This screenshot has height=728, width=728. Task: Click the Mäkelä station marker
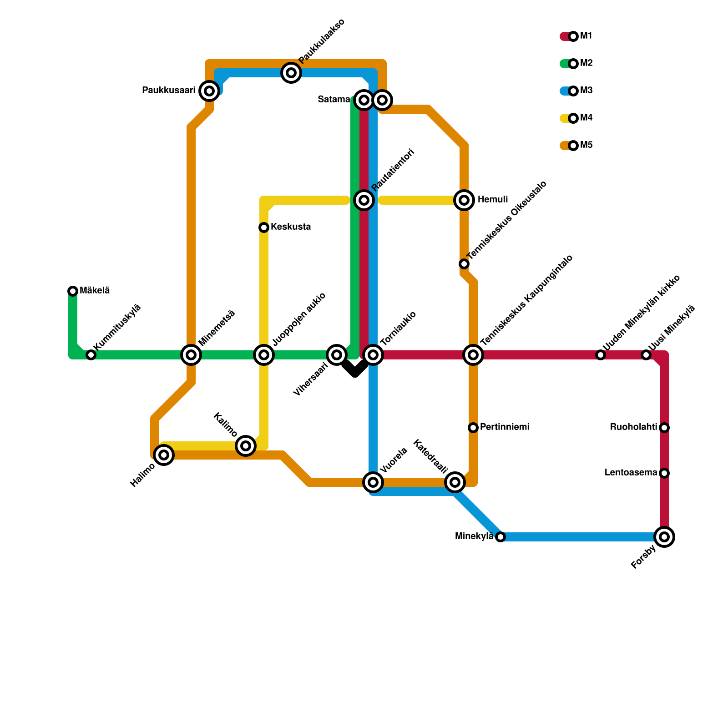pos(73,291)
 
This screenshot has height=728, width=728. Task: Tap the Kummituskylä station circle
pos(91,355)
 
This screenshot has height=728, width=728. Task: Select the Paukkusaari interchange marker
pos(209,91)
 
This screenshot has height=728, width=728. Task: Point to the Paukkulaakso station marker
pos(291,73)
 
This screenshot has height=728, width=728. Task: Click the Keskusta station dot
pos(264,227)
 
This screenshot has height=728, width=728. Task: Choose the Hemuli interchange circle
pos(464,200)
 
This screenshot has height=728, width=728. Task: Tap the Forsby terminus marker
pos(664,537)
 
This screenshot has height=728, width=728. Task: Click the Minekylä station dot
pos(500,537)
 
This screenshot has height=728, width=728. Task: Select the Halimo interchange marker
pos(164,455)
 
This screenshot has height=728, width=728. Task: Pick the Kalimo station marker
pos(246,446)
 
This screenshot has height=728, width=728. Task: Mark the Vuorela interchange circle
pos(373,482)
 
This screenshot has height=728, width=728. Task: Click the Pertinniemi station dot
pos(473,428)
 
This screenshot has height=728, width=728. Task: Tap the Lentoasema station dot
pos(664,473)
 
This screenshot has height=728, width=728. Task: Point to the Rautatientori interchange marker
pos(364,200)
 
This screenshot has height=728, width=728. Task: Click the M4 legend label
pos(586,118)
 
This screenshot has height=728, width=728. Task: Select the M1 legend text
pos(586,36)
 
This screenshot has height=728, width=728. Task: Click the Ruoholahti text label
pos(633,427)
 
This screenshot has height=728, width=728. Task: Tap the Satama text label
pos(334,100)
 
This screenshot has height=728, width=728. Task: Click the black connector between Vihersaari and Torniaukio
pos(355,369)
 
